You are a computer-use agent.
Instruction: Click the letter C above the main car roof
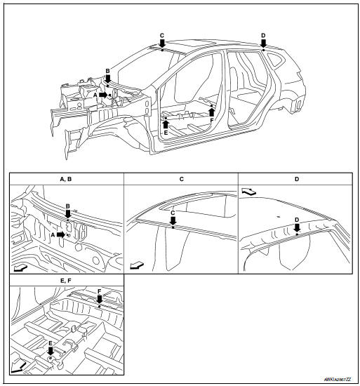[161, 34]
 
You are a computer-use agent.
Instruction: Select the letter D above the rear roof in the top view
[263, 34]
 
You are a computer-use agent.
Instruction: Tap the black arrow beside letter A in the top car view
[103, 94]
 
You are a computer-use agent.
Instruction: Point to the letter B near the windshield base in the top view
[107, 71]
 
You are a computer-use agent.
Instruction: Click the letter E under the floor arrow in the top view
[166, 132]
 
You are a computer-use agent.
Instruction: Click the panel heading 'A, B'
[67, 179]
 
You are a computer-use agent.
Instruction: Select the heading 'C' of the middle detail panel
[181, 179]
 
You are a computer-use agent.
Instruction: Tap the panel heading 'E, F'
[67, 281]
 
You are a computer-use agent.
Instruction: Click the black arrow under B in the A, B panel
[67, 215]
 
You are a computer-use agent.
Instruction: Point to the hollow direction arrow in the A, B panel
[21, 267]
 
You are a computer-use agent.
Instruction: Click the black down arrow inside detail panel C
[173, 220]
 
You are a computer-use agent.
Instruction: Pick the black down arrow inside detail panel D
[297, 227]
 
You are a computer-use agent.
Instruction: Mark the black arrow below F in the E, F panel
[100, 299]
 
